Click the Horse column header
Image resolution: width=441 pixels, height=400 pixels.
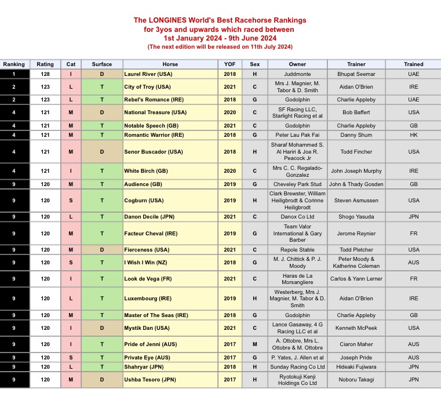click(x=170, y=64)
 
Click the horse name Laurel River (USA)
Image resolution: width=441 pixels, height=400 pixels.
click(x=148, y=74)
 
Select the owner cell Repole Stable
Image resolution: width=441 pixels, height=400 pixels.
click(x=297, y=250)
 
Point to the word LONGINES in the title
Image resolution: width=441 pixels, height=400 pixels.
click(x=174, y=20)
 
